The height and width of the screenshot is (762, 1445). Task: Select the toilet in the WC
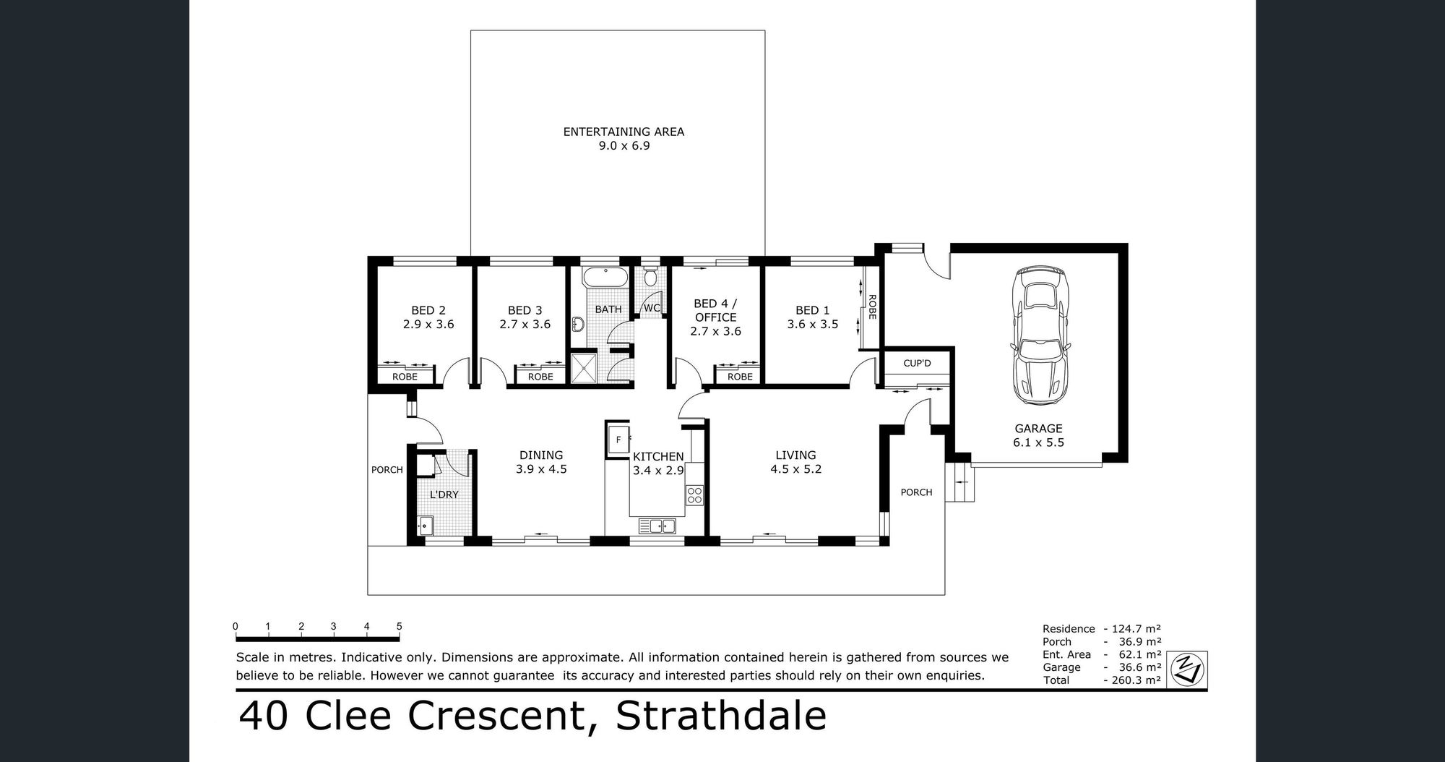[x=650, y=276]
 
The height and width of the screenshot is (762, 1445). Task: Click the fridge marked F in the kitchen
[x=618, y=439]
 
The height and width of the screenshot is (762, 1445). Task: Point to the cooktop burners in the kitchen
[x=694, y=495]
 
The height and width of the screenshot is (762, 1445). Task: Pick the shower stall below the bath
[x=584, y=369]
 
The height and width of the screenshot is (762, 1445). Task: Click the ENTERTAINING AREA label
[x=624, y=132]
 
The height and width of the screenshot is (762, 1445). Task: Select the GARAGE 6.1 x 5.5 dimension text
[x=1038, y=442]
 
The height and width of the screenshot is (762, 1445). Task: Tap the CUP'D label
[x=917, y=363]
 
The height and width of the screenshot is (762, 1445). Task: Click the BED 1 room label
[x=813, y=310]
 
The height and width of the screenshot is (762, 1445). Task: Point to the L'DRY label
[x=444, y=495]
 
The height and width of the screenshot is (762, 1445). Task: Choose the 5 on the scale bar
[x=399, y=627]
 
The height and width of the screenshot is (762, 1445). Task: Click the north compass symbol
[x=1187, y=669]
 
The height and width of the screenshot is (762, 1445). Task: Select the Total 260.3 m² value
[x=1132, y=680]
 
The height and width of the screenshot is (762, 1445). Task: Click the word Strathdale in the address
[x=721, y=716]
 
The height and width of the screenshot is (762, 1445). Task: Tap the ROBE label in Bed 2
[x=405, y=377]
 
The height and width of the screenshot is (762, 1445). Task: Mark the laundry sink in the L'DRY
[x=425, y=526]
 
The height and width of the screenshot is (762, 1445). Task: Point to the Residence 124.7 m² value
[x=1132, y=629]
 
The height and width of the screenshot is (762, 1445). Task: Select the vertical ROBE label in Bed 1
[x=872, y=307]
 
